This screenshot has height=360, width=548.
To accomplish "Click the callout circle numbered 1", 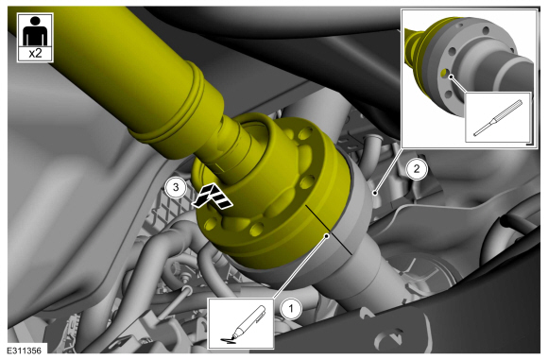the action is [x=291, y=309].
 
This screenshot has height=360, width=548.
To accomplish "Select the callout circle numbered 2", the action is [x=416, y=169].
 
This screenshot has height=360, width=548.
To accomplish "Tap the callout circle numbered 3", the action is [x=176, y=188].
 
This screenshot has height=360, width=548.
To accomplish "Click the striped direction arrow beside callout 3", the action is [x=213, y=197].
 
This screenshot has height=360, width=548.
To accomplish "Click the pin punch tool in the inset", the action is [x=498, y=118].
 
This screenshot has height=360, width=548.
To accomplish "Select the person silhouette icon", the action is [x=35, y=31].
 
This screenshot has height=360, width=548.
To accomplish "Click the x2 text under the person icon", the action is [x=35, y=54].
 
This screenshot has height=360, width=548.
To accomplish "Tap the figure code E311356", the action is [x=25, y=351].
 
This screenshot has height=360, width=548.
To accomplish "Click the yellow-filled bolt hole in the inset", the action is [x=444, y=73].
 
